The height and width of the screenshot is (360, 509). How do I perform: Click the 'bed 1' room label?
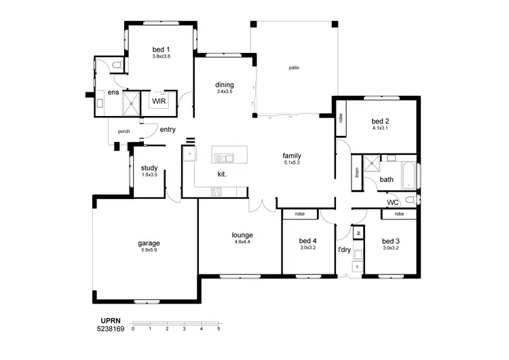point(161,49)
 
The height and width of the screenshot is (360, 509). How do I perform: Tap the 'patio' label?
point(294,68)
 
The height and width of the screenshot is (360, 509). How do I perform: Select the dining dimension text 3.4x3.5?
point(225,92)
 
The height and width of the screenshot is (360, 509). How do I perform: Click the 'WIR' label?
point(159,101)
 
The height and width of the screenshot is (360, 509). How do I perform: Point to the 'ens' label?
point(113,92)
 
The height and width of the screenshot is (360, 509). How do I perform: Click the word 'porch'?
point(124,131)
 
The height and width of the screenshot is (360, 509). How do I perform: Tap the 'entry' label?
point(168,129)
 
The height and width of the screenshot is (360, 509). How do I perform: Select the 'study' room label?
point(149,168)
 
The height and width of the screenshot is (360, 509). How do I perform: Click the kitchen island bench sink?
point(225,158)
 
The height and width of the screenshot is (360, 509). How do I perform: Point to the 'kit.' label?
point(221,175)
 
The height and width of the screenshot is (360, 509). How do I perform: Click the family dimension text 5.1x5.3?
point(292,163)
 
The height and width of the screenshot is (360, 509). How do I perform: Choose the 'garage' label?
point(149,242)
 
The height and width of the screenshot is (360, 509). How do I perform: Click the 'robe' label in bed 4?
point(299,214)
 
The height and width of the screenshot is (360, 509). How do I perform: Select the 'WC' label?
point(392,202)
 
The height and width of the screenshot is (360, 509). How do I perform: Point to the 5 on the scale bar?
point(219,329)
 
